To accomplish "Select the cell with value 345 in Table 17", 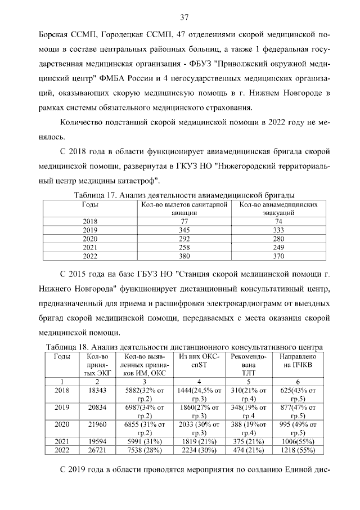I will pos(183,230).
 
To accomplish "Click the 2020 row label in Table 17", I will pos(90,239).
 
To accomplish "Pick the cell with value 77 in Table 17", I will pos(183,222).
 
